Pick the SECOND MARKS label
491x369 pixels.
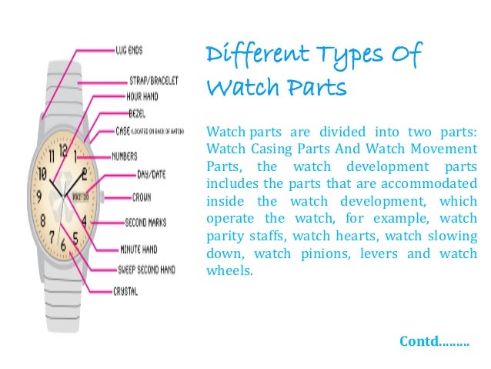(x=142, y=223)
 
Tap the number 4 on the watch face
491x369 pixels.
(x=83, y=220)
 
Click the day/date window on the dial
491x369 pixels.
(x=80, y=195)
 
